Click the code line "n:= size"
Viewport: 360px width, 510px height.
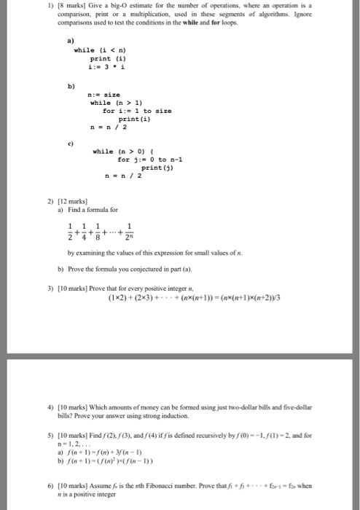click(x=103, y=94)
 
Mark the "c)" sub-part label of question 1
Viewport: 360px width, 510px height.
click(x=69, y=143)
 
